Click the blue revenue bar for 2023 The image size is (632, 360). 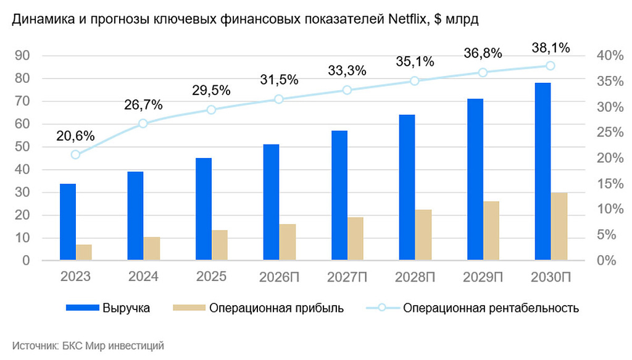[x=68, y=222]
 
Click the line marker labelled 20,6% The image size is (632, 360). [x=75, y=154]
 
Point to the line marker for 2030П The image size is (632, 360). [x=550, y=66]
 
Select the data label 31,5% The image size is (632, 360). [x=278, y=80]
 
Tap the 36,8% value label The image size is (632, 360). [x=483, y=54]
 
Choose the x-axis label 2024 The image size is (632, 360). [x=143, y=277]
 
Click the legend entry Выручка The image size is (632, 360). [x=126, y=308]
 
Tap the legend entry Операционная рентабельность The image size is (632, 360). [x=491, y=308]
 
